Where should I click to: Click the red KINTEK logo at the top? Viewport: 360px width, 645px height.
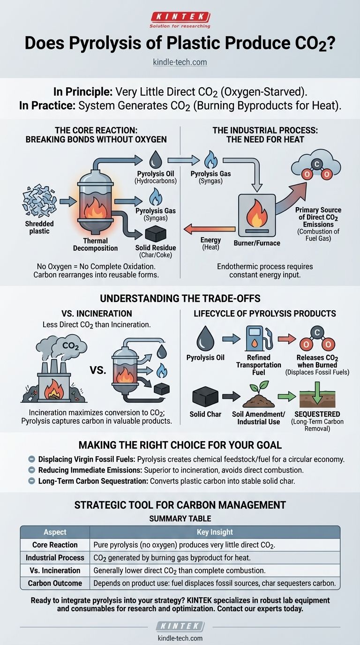(180, 16)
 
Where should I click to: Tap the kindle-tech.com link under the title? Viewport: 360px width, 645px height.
(180, 62)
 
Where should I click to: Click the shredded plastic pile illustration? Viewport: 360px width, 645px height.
(39, 201)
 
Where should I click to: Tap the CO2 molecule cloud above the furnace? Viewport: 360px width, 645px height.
(316, 167)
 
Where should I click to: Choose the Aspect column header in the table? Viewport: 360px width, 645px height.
(55, 532)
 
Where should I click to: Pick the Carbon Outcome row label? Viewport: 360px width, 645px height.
(55, 583)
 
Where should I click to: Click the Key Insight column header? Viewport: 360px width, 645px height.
(215, 532)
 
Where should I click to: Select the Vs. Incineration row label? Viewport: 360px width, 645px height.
(55, 570)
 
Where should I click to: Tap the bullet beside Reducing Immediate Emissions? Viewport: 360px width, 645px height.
(31, 469)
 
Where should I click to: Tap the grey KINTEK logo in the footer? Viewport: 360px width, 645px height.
(180, 627)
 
